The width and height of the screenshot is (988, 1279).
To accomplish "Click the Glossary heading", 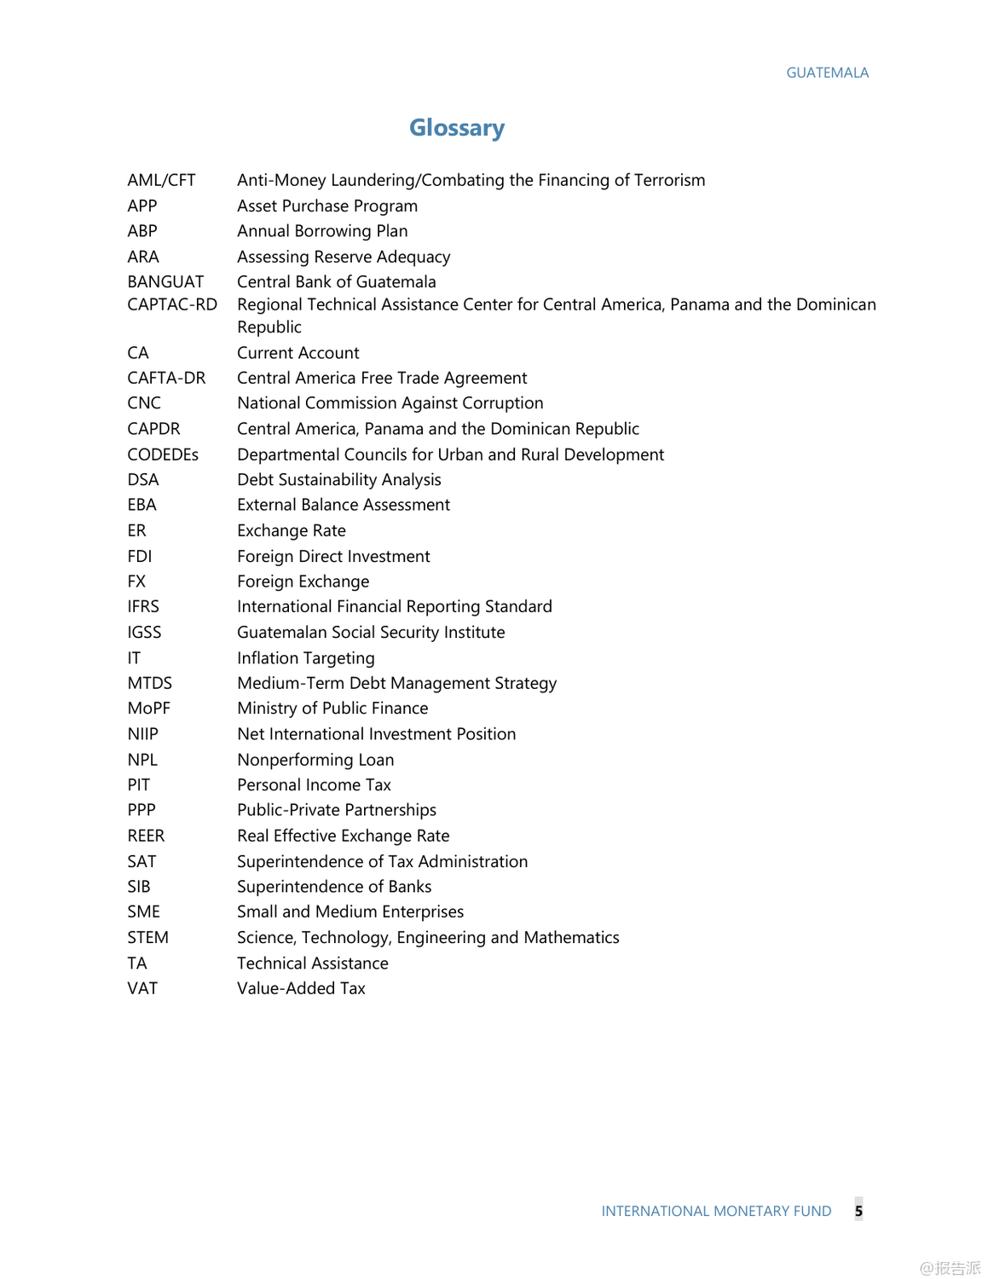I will tap(457, 128).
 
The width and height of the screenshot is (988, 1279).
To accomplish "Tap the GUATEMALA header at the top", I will tap(827, 73).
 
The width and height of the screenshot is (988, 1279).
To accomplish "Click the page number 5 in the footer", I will tap(858, 1211).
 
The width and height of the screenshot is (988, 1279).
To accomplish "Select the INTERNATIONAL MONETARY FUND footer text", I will tap(716, 1212).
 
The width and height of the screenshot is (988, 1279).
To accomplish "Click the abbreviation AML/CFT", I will tap(161, 181).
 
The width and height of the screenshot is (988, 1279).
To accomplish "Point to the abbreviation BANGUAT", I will tap(165, 282).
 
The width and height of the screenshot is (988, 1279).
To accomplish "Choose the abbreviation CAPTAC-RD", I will tap(172, 305).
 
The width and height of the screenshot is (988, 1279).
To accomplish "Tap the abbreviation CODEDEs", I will tap(163, 455).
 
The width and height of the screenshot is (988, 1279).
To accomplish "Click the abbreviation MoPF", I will tap(149, 709).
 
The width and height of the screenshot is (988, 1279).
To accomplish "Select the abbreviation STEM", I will tap(148, 938).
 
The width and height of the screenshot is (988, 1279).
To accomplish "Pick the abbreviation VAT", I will tap(142, 989).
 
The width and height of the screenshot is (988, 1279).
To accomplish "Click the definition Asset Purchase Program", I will tap(327, 206).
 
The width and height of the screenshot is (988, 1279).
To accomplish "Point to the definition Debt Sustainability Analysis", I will tap(339, 480).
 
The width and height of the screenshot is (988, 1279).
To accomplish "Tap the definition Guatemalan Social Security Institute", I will tap(371, 633).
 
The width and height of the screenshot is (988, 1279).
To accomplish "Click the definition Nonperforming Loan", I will tap(315, 760).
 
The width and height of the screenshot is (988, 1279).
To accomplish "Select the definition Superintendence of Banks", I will tap(334, 887).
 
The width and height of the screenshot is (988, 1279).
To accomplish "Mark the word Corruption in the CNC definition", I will tap(500, 403).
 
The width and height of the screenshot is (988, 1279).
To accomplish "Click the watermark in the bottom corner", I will tap(950, 1268).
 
